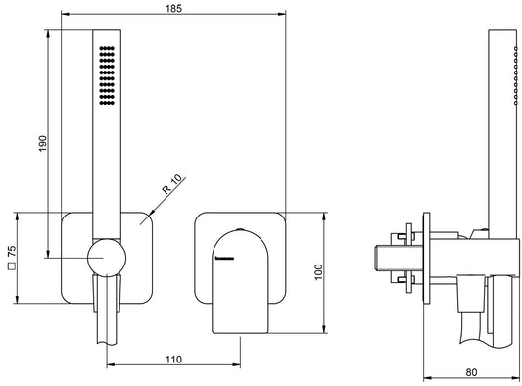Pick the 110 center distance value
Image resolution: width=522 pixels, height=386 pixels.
click(173, 360)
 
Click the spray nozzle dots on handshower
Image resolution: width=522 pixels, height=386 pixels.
click(106, 73)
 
